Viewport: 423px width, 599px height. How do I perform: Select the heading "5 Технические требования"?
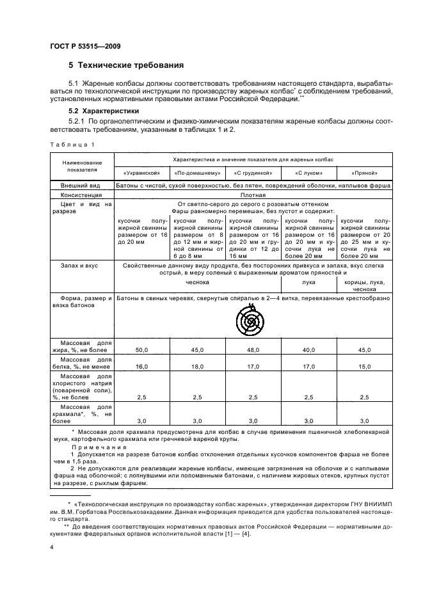pos(126,65)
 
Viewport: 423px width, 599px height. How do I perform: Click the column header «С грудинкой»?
pos(253,173)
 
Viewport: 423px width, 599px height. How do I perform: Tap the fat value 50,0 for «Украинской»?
pos(141,350)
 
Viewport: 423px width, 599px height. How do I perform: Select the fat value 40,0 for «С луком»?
pos(309,350)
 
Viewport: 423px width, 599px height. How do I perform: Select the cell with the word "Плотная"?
pos(253,195)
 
